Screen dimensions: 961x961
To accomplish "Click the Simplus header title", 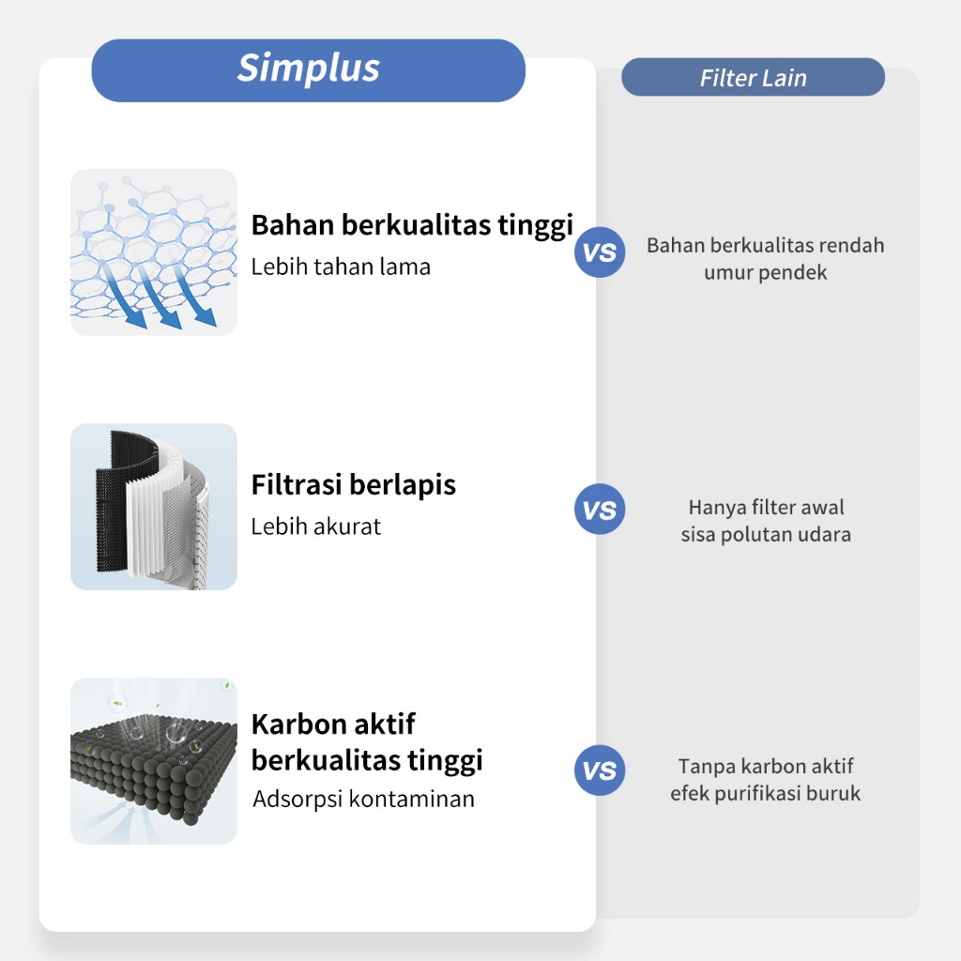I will (309, 69).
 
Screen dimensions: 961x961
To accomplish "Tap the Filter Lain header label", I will (753, 78).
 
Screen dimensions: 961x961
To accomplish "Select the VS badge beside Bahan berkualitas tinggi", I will (600, 252).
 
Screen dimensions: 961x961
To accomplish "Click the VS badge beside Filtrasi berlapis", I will (600, 511).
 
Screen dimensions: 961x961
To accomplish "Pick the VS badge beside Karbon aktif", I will (600, 770).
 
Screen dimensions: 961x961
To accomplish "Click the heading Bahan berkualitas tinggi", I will (412, 225).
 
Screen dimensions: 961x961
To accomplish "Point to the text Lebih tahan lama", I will (341, 267).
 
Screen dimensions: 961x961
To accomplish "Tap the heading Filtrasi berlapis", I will (353, 484).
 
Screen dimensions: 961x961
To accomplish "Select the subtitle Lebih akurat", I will (315, 526).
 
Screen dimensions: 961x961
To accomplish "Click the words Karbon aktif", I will (333, 725).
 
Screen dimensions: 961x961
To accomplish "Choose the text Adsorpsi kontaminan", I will (363, 800).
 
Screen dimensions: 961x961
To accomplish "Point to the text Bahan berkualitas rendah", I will (765, 246).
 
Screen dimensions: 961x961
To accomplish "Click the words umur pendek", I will (765, 273).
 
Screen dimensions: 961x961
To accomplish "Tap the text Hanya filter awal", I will (766, 508).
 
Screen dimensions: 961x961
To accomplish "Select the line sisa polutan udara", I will (766, 535).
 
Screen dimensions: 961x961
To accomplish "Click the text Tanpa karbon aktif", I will (766, 767).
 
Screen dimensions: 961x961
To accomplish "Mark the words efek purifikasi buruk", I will (765, 794).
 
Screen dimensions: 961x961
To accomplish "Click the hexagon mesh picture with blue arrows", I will (154, 252).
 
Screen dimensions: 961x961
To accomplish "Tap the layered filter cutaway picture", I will (154, 507).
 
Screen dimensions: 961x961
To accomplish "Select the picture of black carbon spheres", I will (154, 761).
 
